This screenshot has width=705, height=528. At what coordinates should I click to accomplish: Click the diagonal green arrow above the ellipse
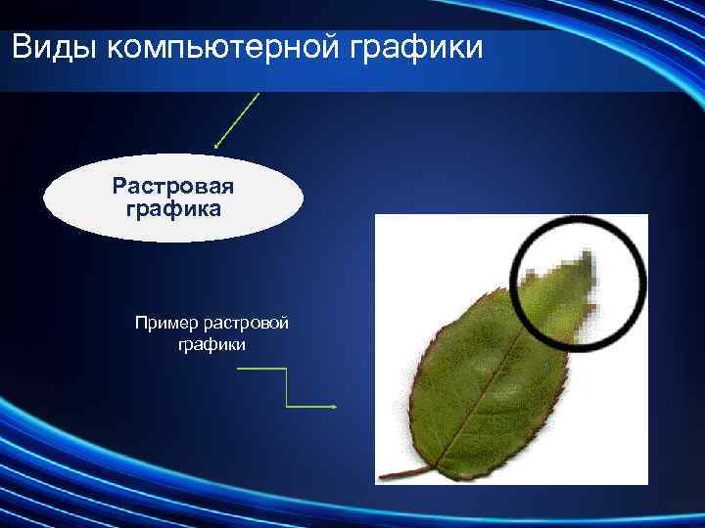238,119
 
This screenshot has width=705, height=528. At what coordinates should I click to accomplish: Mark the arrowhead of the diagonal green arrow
216,148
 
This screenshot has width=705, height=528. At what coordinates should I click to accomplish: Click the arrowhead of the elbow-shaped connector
335,407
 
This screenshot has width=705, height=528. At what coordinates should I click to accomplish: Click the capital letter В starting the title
23,46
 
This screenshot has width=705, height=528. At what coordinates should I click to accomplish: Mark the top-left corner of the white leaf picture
377,216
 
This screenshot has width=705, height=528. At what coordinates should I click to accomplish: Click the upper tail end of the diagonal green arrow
258,93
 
